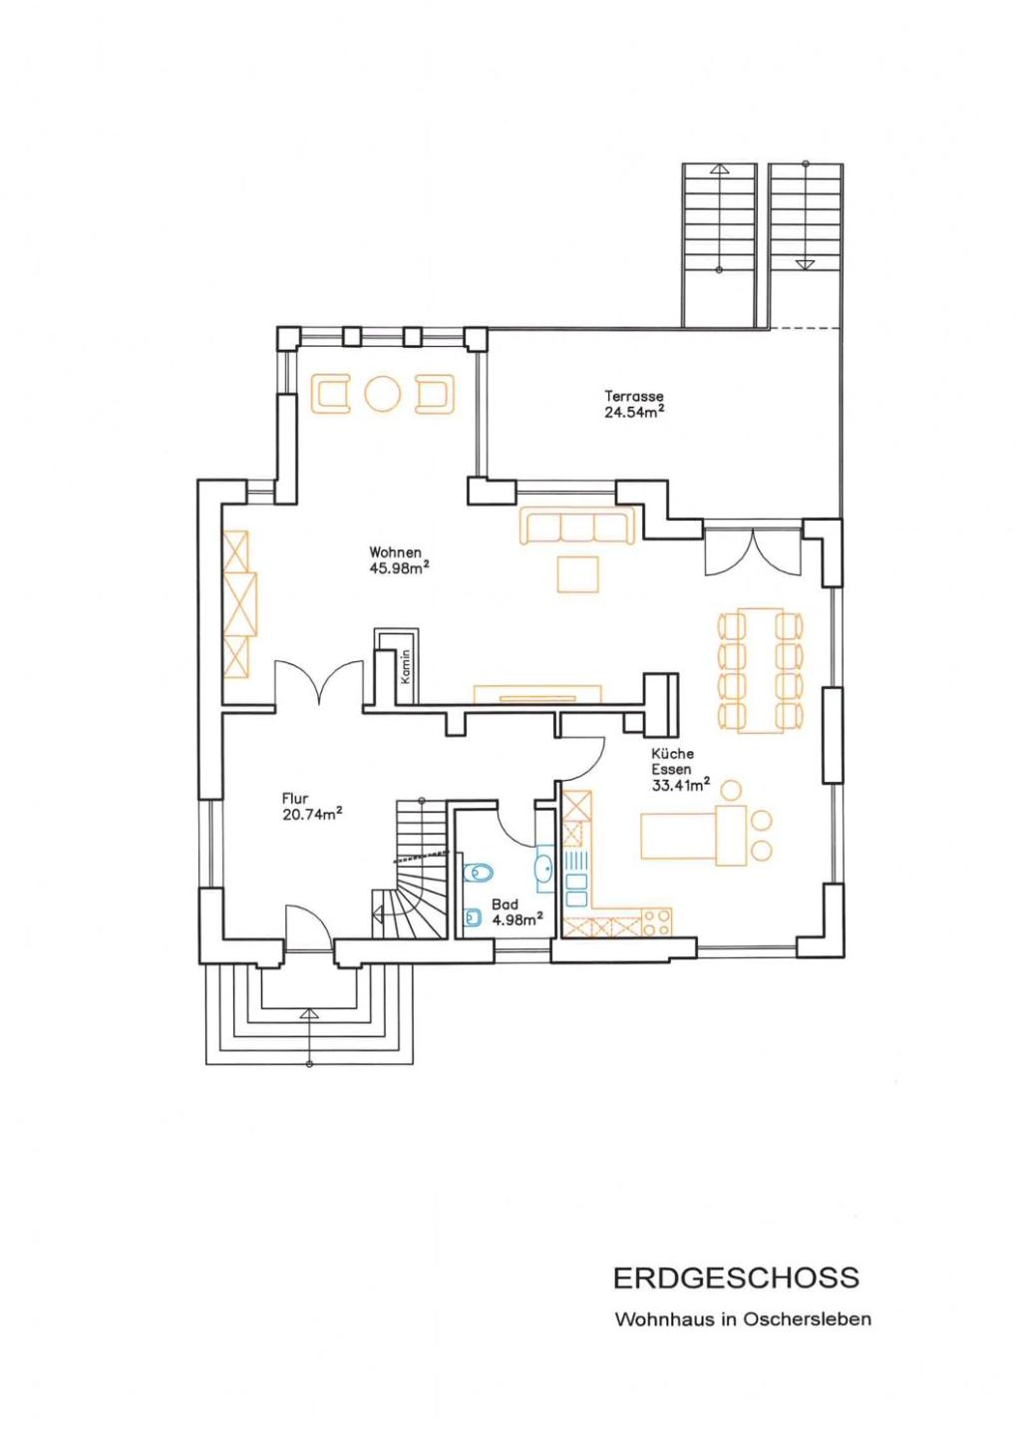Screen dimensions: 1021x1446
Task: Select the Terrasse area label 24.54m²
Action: (634, 412)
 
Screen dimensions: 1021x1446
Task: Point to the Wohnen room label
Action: (395, 552)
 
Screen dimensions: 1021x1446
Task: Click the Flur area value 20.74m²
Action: (312, 814)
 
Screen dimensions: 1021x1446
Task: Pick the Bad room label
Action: (505, 905)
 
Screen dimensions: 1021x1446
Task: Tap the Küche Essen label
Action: (672, 761)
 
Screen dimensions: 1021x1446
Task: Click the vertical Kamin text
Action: (405, 667)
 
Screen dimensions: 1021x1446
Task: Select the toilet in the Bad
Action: (478, 873)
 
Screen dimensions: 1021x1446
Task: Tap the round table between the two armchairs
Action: (383, 393)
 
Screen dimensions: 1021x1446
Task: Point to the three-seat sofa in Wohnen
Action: (576, 526)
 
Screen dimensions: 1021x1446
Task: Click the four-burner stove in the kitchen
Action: (656, 921)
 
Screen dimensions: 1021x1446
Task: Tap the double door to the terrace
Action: (753, 551)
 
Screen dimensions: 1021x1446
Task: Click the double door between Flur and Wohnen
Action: (318, 682)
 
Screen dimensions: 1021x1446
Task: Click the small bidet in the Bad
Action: (473, 917)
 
